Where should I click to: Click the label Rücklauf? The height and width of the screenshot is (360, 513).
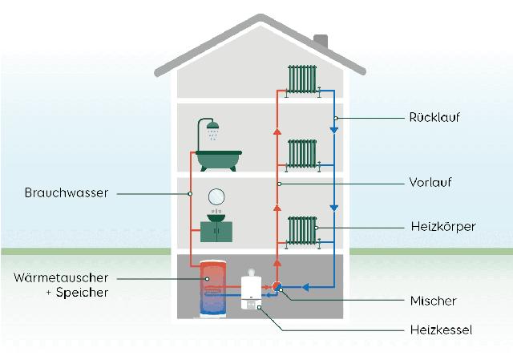point(434,118)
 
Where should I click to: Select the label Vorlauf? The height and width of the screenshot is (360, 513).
point(430,183)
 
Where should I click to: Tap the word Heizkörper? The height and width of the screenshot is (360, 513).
point(441,227)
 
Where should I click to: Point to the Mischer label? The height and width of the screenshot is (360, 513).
point(432,301)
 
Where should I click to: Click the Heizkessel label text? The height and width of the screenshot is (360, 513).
point(439,330)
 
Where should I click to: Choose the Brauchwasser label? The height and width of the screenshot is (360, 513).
point(66,193)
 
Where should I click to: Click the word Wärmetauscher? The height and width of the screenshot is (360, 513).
point(61,277)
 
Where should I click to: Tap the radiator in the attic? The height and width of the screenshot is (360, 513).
point(303,79)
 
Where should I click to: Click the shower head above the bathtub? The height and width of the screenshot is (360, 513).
point(213,127)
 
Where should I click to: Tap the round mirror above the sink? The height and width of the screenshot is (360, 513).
point(216,196)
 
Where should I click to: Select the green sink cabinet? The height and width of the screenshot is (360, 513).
point(216,231)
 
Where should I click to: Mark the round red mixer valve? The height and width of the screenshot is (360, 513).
point(277,286)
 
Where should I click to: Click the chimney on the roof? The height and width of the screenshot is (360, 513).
point(321,41)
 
